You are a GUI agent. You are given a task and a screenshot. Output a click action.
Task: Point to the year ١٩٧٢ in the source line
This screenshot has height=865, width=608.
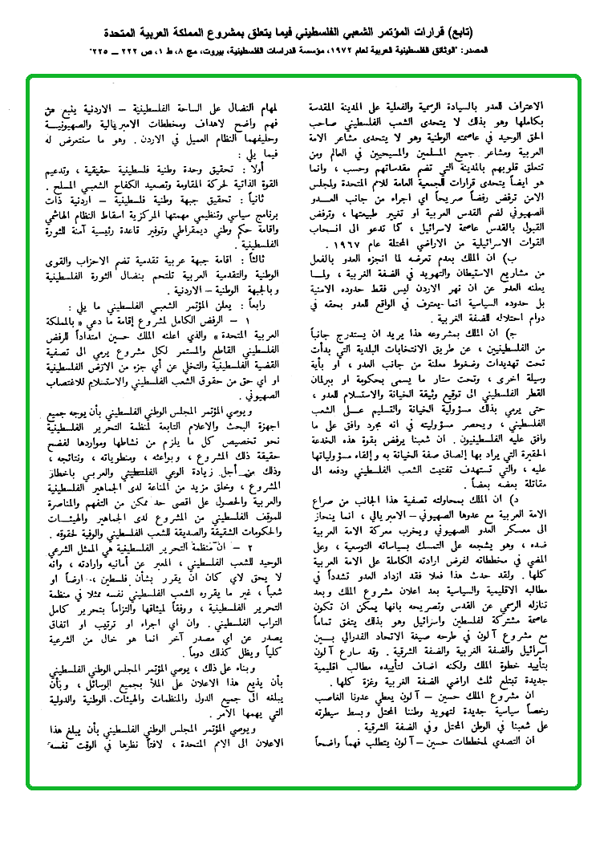point(367,51)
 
